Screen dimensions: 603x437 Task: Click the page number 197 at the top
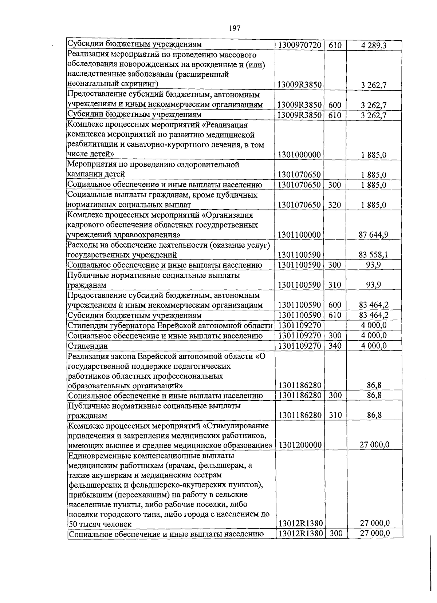pos(235,28)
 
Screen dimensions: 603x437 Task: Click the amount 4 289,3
pos(374,45)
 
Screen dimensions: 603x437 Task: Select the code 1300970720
pos(299,45)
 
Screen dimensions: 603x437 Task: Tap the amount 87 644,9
pos(374,235)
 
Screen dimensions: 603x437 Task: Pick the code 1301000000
pos(299,155)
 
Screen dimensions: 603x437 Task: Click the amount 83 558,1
pos(374,255)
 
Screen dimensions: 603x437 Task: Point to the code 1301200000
pos(299,445)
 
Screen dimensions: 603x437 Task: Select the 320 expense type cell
pos(334,205)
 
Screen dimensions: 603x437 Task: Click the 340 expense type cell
pos(334,345)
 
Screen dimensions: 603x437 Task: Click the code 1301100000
pos(299,235)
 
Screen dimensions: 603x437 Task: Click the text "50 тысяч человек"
pos(100,524)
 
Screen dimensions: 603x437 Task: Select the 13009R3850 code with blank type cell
pos(299,85)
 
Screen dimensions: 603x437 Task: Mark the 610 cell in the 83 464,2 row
pos(334,315)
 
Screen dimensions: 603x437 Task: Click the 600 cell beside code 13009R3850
pos(334,106)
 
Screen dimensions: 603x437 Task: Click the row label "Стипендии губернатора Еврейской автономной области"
pos(170,325)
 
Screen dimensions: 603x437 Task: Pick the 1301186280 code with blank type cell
pos(299,385)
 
